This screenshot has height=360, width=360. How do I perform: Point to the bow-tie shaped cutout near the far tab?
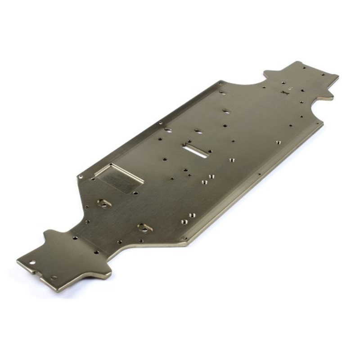click(x=284, y=92)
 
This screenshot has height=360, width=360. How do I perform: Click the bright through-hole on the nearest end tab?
click(x=32, y=262)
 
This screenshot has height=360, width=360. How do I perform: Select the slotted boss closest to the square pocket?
click(x=104, y=203)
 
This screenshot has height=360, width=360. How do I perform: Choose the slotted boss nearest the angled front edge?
click(x=144, y=228)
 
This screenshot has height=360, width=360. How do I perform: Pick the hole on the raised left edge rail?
click(x=161, y=122)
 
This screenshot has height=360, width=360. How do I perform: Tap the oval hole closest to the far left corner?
click(x=222, y=93)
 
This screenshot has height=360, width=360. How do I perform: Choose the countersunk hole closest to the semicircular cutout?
click(x=278, y=143)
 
